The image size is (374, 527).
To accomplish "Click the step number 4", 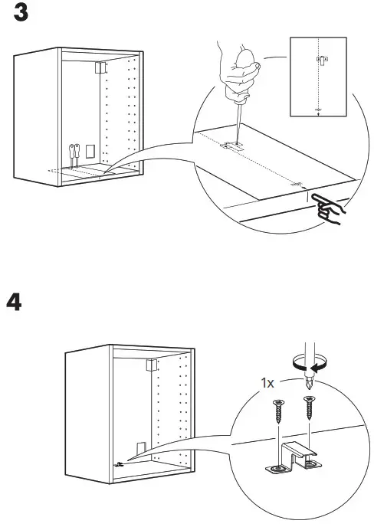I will coord(15,301).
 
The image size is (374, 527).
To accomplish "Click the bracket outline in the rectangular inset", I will coord(323,59).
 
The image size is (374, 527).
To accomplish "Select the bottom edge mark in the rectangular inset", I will coord(319,110).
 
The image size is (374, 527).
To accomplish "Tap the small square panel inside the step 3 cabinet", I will coord(90,150).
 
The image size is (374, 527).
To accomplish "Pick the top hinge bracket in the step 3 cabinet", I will coord(97,67).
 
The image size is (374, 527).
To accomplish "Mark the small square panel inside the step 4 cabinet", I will coord(141,448).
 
